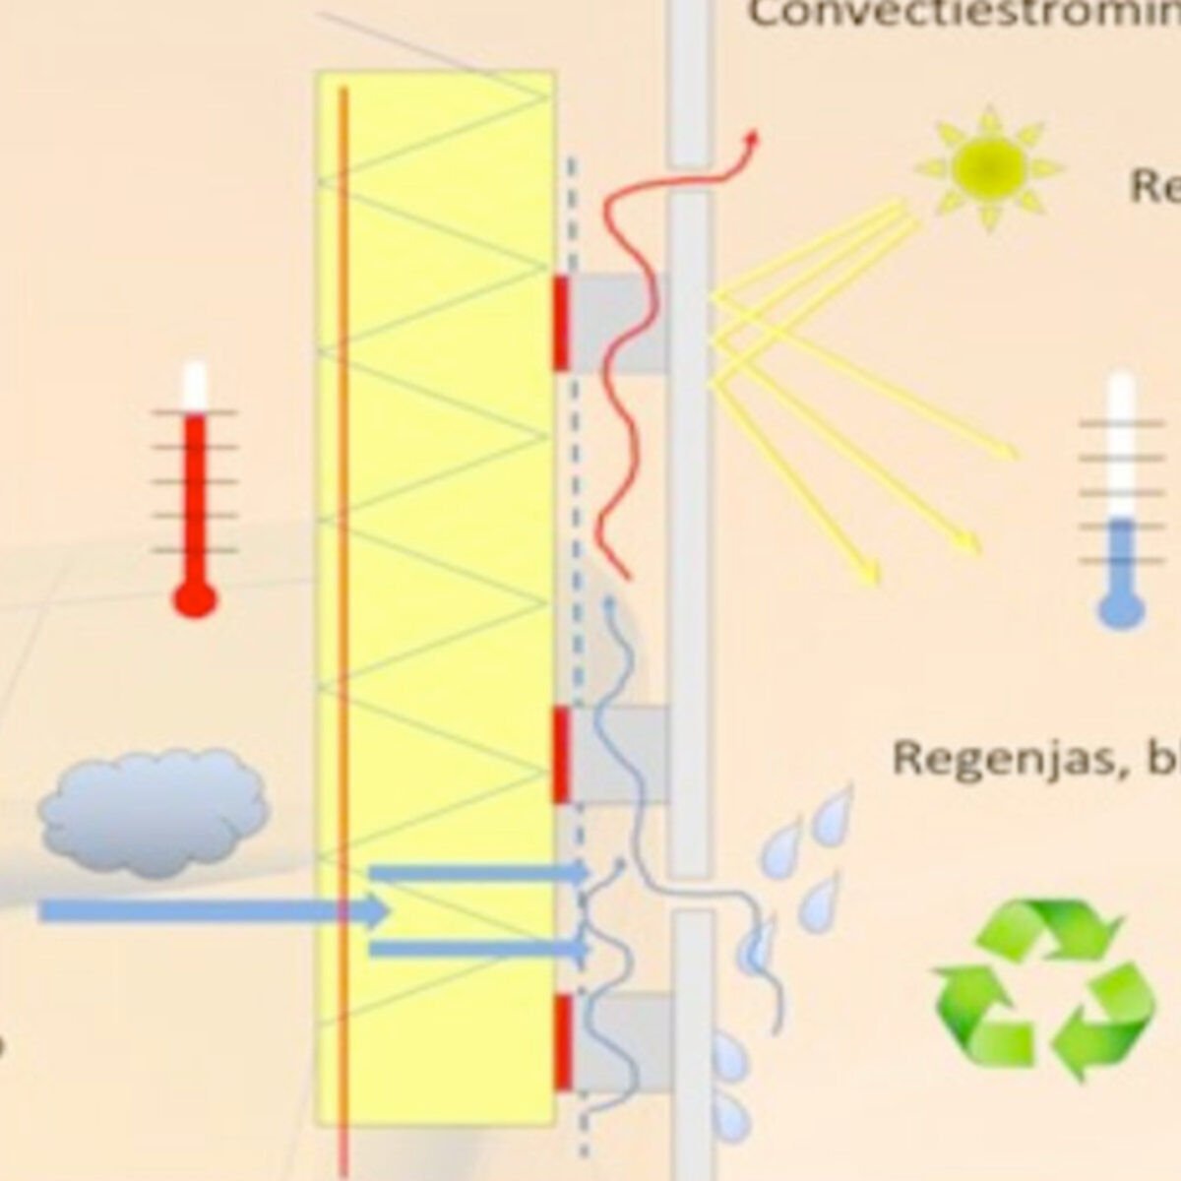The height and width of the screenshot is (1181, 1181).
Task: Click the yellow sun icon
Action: (x=989, y=167)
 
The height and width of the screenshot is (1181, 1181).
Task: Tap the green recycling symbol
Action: (x=1043, y=989)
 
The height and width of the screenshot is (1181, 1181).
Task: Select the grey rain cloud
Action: (x=153, y=812)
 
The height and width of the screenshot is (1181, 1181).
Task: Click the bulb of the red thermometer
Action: (x=194, y=597)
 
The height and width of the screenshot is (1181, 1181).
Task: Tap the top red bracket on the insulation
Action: (x=561, y=323)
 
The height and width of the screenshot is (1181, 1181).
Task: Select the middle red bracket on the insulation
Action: (x=561, y=753)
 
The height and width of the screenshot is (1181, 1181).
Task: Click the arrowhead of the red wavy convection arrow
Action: (x=754, y=138)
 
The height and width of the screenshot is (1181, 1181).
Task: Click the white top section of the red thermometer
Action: (x=195, y=386)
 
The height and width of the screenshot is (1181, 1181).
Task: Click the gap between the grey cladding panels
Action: (x=691, y=894)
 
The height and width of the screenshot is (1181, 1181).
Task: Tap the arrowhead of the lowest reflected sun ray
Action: (x=871, y=576)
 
